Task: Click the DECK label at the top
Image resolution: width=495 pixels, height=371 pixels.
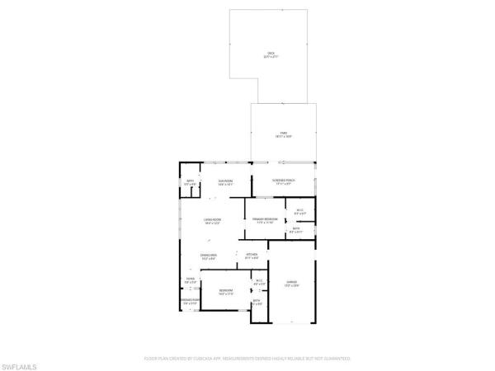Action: coord(271,53)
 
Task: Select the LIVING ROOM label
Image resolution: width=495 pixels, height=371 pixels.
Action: coord(213,218)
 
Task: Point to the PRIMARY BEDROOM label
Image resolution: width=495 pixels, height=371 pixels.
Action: coord(265,218)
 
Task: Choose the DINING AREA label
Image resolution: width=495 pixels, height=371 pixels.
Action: coord(209,256)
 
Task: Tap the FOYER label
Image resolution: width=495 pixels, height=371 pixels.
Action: coord(190,279)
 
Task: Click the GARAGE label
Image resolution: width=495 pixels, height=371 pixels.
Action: coord(291,282)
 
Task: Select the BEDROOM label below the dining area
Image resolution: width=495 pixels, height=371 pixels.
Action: coord(225,290)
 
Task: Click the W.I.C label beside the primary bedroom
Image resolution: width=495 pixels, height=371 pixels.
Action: coord(300,211)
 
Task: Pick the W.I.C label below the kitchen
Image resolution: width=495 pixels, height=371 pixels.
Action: coord(258,280)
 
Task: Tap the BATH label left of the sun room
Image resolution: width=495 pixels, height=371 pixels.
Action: coord(190,181)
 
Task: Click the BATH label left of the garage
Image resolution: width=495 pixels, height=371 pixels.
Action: coord(257,300)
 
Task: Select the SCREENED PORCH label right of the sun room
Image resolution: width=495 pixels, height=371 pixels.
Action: coord(284,180)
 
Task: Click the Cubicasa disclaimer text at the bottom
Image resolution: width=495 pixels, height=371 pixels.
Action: coord(247,359)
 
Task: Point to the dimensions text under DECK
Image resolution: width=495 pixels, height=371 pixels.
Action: coord(271,57)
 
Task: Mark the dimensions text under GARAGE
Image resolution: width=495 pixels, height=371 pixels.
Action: coord(291,286)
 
